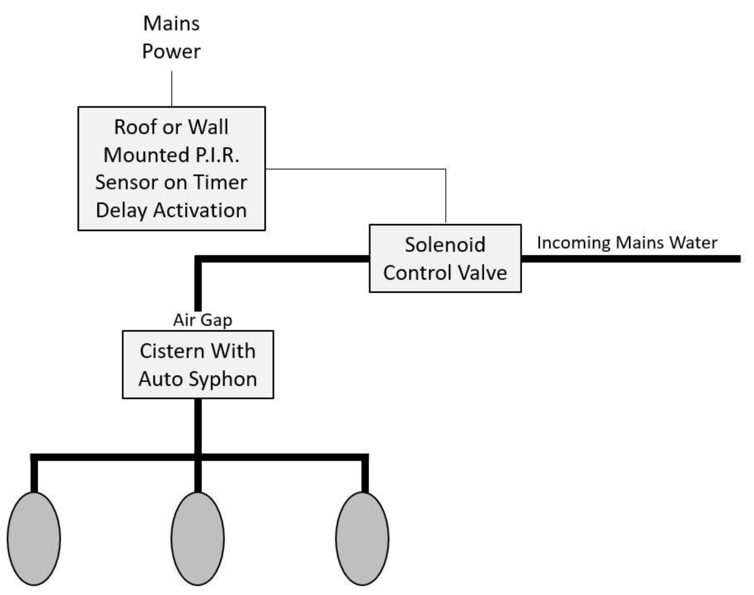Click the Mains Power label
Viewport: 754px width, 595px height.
point(171,38)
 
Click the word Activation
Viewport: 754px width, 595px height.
point(200,211)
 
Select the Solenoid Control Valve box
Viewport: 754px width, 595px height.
point(445,259)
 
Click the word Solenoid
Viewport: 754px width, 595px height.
point(445,245)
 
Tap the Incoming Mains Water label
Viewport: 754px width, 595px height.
point(627,243)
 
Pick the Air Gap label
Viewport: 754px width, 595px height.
point(203,320)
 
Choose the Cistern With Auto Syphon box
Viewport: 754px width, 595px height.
point(198,365)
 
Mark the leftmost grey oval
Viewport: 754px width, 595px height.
point(34,538)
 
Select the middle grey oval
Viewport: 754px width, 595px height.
point(197,538)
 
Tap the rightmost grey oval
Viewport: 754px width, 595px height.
point(362,538)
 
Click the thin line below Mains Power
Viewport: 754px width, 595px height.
point(172,89)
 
